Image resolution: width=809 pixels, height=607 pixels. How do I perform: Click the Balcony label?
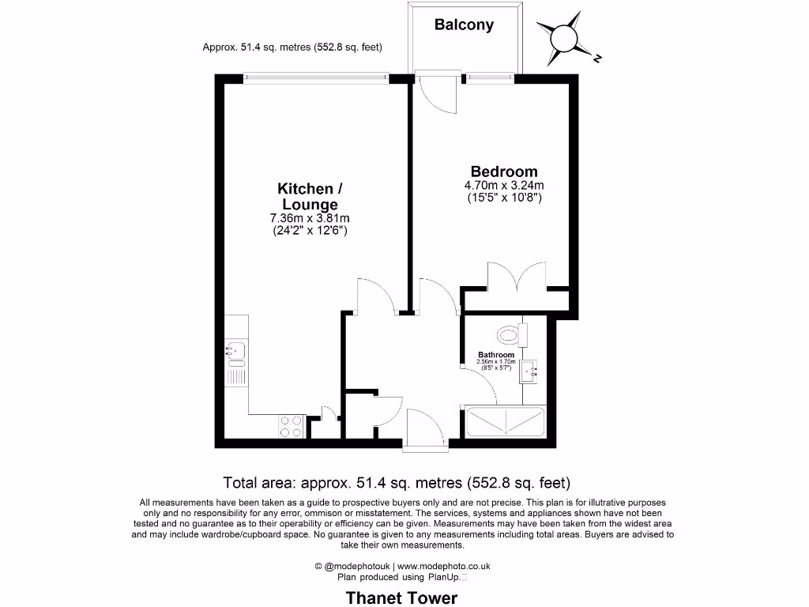click(464, 25)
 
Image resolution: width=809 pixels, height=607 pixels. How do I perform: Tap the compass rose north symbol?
click(565, 37)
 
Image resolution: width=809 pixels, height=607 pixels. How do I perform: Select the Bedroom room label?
click(504, 172)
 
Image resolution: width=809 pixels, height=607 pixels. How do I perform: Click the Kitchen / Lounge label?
click(305, 197)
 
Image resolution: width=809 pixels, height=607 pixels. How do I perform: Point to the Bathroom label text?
click(495, 355)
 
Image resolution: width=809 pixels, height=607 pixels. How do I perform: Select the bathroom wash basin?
click(527, 370)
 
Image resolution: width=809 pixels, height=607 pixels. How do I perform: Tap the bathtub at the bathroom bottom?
click(505, 422)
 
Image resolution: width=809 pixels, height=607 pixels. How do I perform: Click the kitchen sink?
click(236, 348)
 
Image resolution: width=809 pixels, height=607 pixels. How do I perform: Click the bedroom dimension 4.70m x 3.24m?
click(504, 187)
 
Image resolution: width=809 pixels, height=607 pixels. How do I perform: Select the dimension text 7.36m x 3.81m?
click(310, 219)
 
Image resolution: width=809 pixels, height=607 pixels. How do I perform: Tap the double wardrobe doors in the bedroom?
click(515, 277)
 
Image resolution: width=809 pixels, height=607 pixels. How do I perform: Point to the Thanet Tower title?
click(401, 598)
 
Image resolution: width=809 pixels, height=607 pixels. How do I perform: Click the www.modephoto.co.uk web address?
click(443, 566)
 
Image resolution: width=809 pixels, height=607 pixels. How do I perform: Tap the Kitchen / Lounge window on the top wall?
click(315, 77)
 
